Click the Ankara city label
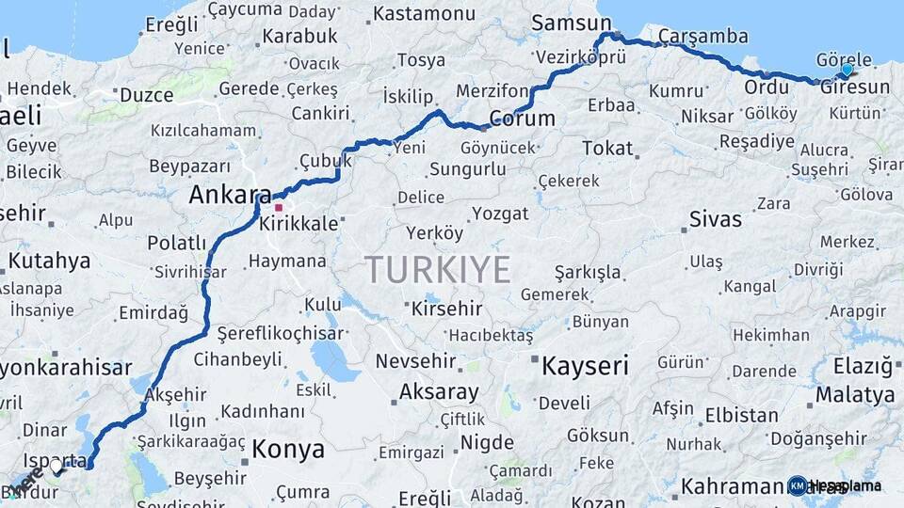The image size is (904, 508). [x=231, y=195]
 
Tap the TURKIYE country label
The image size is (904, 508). [x=438, y=270]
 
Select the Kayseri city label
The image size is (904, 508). [x=584, y=366]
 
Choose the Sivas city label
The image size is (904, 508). [x=716, y=220]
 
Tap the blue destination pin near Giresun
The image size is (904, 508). [x=847, y=70]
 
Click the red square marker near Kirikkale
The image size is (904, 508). [x=279, y=207]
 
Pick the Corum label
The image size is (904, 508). [x=522, y=119]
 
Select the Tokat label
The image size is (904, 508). [x=607, y=148]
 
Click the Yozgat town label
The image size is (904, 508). [x=500, y=214]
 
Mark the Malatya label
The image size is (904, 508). [x=855, y=394]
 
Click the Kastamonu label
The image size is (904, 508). [x=424, y=14]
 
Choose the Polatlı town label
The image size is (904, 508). [x=176, y=244]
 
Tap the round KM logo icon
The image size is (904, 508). [x=798, y=485]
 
